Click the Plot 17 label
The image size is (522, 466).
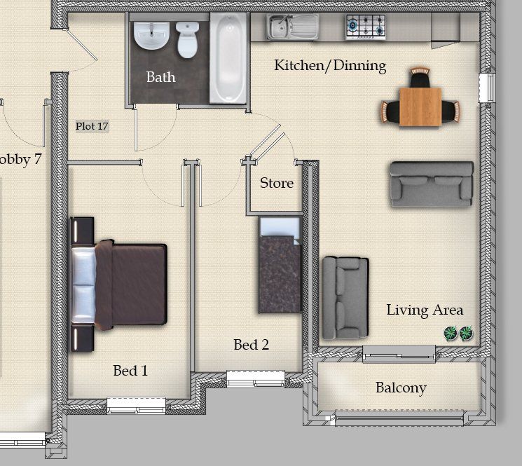[x=92, y=126]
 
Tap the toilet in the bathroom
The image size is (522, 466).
[x=187, y=40]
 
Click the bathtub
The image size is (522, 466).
[x=228, y=58]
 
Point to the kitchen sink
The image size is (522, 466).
[x=292, y=27]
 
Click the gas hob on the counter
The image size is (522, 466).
[x=366, y=27]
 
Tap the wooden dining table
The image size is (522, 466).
[x=420, y=107]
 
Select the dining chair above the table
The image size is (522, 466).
[x=420, y=78]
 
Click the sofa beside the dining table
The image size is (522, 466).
[x=432, y=184]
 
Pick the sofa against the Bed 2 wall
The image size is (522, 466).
[x=345, y=298]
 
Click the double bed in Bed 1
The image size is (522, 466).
[x=118, y=285]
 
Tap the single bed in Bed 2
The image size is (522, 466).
[x=280, y=265]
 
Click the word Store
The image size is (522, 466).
[x=277, y=183]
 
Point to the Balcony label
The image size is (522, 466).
[x=401, y=388]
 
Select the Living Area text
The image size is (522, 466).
[x=425, y=310]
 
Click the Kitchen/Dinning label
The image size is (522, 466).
[x=330, y=66]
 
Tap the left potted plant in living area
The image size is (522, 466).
[x=451, y=333]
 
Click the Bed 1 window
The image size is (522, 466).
[x=136, y=406]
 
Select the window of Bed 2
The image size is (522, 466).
[x=256, y=379]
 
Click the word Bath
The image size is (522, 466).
[x=160, y=77]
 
